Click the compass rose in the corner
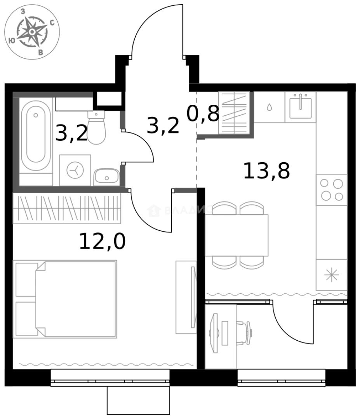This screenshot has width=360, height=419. pyautogui.click(x=32, y=32)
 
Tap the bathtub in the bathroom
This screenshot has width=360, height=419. pyautogui.click(x=36, y=136)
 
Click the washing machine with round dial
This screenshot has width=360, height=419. pyautogui.click(x=75, y=170)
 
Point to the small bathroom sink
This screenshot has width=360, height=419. pyautogui.click(x=106, y=177)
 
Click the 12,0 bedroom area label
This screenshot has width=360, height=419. pyautogui.click(x=102, y=241)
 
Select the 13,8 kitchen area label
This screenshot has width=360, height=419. pyautogui.click(x=266, y=171)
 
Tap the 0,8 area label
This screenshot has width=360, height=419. pyautogui.click(x=203, y=114)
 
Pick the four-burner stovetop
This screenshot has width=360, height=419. pyautogui.click(x=332, y=190)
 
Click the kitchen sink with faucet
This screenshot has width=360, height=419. pyautogui.click(x=300, y=107)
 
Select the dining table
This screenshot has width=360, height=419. pyautogui.click(x=237, y=235)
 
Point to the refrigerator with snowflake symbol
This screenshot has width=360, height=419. pyautogui.click(x=331, y=275)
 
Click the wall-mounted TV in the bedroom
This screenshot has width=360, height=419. pyautogui.click(x=193, y=297)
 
